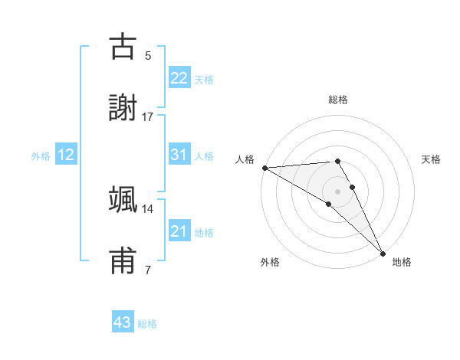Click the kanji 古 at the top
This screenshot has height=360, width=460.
pyautogui.click(x=123, y=47)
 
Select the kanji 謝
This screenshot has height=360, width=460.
pyautogui.click(x=123, y=108)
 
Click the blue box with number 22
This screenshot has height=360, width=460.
pyautogui.click(x=179, y=77)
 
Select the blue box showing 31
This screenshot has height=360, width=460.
pyautogui.click(x=179, y=154)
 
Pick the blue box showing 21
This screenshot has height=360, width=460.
pyautogui.click(x=179, y=231)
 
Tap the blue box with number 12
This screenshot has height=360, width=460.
pyautogui.click(x=66, y=155)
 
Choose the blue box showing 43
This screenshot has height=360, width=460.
pyautogui.click(x=123, y=322)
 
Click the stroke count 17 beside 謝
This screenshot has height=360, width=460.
pyautogui.click(x=148, y=117)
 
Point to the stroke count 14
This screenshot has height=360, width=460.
pyautogui.click(x=148, y=208)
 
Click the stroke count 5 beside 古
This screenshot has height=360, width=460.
pyautogui.click(x=148, y=56)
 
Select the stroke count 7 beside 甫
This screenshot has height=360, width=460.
pyautogui.click(x=148, y=270)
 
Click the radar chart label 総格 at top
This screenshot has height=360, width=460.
pyautogui.click(x=338, y=100)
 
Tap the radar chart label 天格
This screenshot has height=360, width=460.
pyautogui.click(x=431, y=159)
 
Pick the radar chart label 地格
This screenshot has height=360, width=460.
pyautogui.click(x=402, y=262)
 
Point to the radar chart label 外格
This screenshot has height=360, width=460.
pyautogui.click(x=270, y=262)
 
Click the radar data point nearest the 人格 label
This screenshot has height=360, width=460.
pyautogui.click(x=264, y=168)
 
